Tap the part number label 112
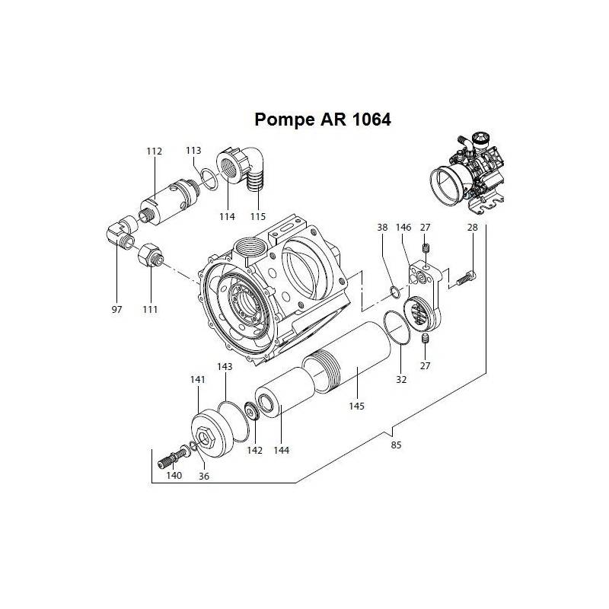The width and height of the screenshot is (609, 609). [x=155, y=151]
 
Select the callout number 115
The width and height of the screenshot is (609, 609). [x=258, y=217]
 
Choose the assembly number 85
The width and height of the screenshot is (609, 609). [x=395, y=445]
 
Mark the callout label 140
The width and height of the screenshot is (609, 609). [x=174, y=476]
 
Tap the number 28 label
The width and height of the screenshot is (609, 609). [x=472, y=227]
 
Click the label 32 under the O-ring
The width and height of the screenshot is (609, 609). [x=401, y=379]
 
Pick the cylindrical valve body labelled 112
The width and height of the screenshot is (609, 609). [x=164, y=199]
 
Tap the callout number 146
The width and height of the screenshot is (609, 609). [x=403, y=227]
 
